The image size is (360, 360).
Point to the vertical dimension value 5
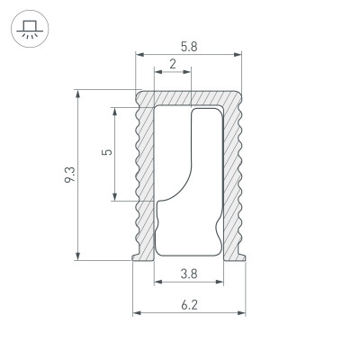pyautogui.click(x=107, y=153)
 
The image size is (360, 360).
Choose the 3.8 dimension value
pyautogui.click(x=189, y=273)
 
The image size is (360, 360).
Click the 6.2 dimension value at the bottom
pyautogui.click(x=189, y=305)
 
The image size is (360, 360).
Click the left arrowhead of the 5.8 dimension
pyautogui.click(x=139, y=55)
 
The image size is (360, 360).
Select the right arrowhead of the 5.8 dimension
pyautogui.click(x=239, y=55)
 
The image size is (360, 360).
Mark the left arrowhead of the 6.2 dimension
pyautogui.click(x=137, y=313)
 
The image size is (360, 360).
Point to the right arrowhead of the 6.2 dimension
pyautogui.click(x=243, y=313)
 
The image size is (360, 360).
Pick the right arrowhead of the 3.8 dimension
pyautogui.click(x=219, y=282)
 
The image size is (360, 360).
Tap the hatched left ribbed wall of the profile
pyautogui.click(x=144, y=180)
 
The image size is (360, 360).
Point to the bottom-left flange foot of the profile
pyautogui.click(x=139, y=259)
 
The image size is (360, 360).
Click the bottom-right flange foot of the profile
pyautogui.click(x=241, y=259)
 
